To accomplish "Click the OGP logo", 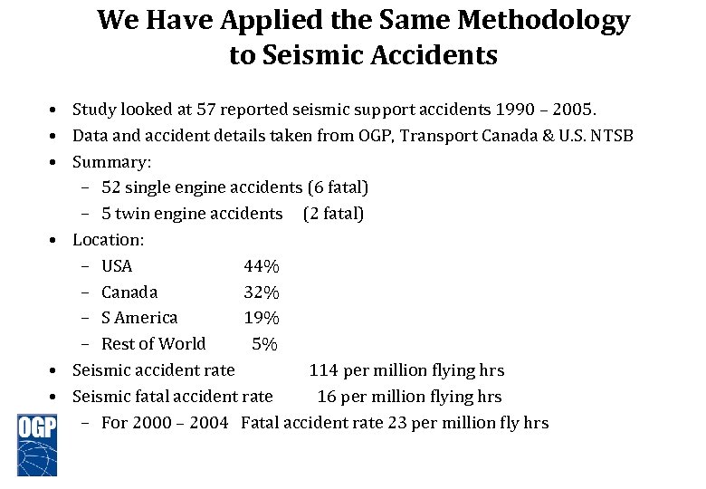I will (x=37, y=444).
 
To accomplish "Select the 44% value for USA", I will (x=262, y=266).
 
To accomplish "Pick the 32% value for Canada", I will (x=262, y=292).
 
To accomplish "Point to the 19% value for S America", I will (x=262, y=318).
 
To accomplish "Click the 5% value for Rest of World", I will (x=265, y=344).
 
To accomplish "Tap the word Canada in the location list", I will (x=129, y=292).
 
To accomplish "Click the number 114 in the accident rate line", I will (x=324, y=370).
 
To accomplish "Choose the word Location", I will (x=107, y=240).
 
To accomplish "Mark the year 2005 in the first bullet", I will (x=571, y=110).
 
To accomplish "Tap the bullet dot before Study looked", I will (x=56, y=110).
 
